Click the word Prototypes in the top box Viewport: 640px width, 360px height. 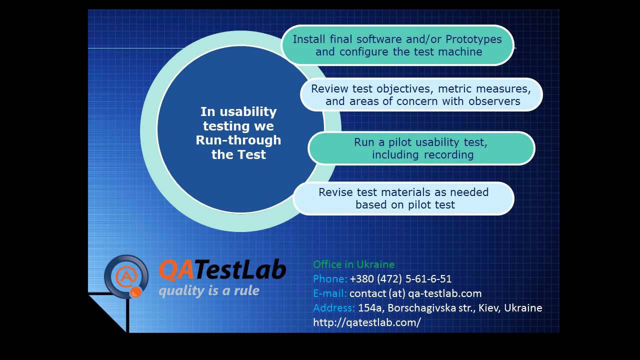pos(473,39)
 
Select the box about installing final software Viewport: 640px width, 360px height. pos(397,45)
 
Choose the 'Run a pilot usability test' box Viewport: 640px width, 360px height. pos(421,148)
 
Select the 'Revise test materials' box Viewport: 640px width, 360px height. pos(403,198)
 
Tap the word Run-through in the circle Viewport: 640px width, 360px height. pos(238,140)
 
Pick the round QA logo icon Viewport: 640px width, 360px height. pos(126,276)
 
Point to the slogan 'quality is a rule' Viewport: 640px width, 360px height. pos(209,291)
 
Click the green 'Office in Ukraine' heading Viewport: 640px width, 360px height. pos(353,264)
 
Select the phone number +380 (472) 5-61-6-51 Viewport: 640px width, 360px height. pos(400,279)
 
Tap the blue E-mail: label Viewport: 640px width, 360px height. pos(329,293)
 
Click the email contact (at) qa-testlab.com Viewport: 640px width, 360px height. pos(415,293)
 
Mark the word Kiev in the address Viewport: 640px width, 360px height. pos(488,308)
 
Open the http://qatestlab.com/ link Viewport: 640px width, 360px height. pos(366,322)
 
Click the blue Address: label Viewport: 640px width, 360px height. pos(333,308)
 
